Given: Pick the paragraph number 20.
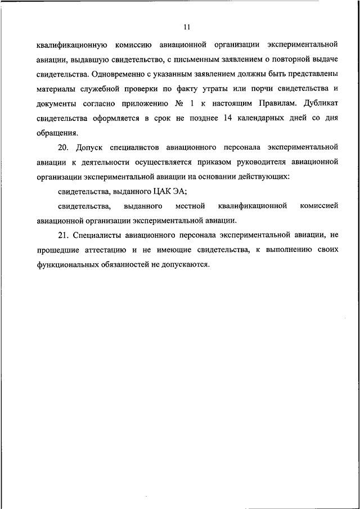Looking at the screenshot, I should [x=62, y=148].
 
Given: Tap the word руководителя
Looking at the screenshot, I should [x=271, y=163].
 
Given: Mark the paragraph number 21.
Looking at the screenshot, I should [x=62, y=236].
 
